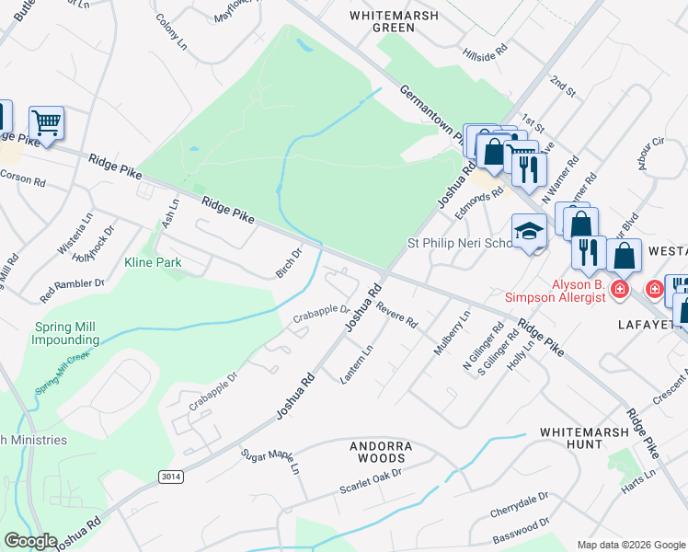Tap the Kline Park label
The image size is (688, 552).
pos(153,262)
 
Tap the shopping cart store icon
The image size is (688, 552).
pos(45,122)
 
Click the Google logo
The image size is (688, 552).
pos(29,542)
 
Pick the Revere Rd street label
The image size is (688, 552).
pos(396,318)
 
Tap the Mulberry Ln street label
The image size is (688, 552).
pos(452,332)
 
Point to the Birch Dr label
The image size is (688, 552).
pos(289,262)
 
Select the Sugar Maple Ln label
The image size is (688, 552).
pos(270,461)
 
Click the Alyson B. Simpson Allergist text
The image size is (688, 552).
pos(556,291)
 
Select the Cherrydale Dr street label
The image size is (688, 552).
pos(519,501)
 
